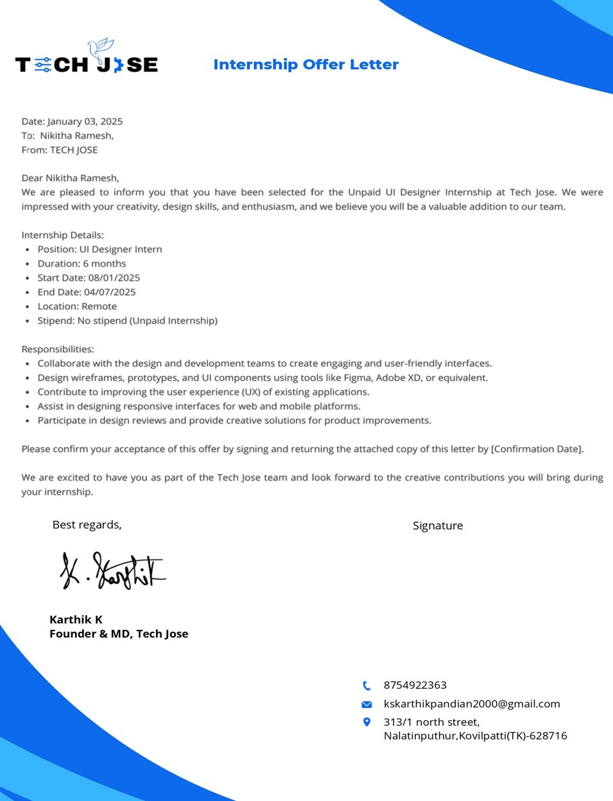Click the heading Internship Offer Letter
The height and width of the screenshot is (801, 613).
click(306, 65)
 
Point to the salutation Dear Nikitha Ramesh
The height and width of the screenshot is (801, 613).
click(70, 178)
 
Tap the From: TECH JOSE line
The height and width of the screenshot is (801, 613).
click(60, 150)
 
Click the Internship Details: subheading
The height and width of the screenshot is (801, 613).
click(62, 235)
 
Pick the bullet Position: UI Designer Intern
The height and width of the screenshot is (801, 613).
click(99, 249)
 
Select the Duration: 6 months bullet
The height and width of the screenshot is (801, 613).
click(82, 264)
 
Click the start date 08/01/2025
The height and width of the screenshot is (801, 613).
click(114, 278)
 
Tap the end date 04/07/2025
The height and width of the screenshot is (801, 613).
click(110, 292)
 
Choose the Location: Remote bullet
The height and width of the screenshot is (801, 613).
click(77, 307)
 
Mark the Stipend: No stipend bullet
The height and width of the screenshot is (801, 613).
click(127, 321)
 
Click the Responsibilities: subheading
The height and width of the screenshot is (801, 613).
click(58, 349)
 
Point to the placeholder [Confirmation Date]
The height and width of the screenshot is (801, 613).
click(537, 449)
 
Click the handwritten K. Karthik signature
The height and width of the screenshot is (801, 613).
click(112, 571)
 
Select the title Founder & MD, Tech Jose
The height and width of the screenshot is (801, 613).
click(119, 634)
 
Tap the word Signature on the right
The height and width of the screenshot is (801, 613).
click(438, 526)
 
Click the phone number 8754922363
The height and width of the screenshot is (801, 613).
click(415, 685)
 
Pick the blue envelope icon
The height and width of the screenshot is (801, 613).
click(367, 704)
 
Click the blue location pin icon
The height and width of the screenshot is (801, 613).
click(367, 722)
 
